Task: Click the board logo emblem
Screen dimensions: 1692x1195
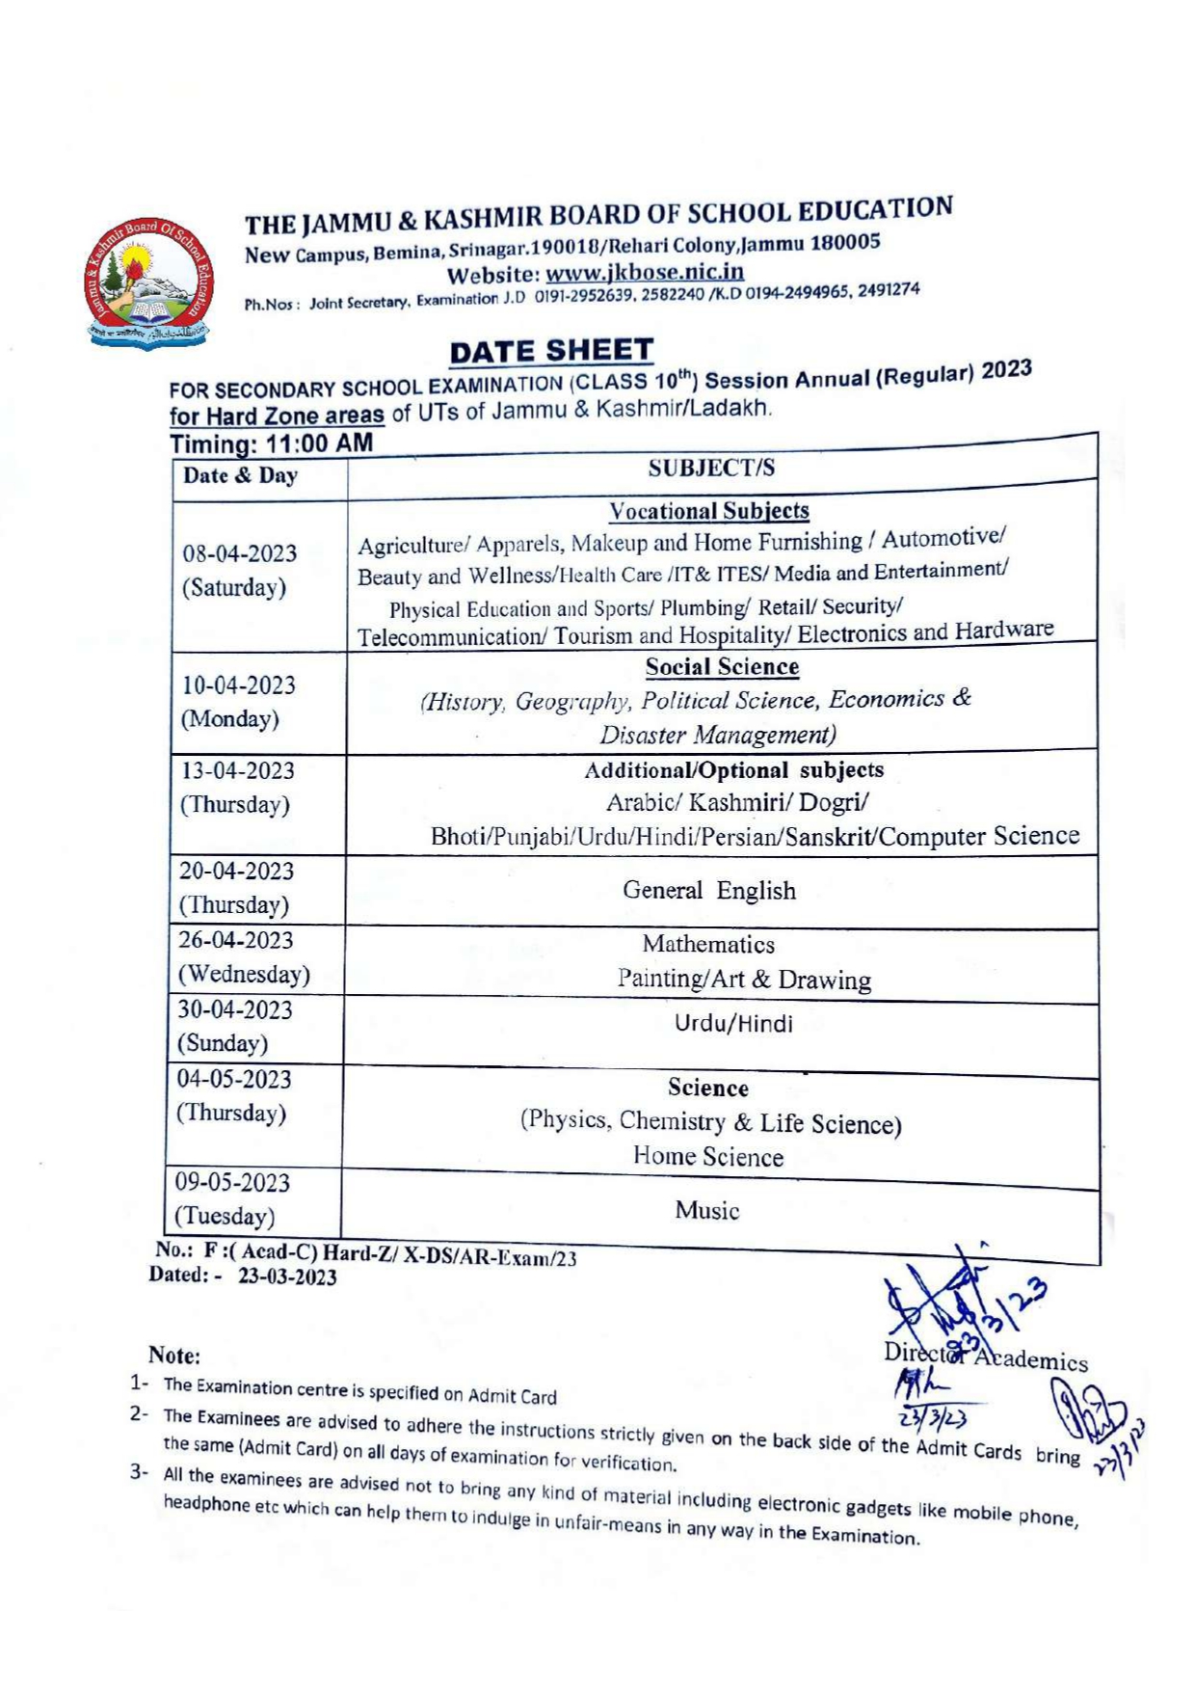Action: point(146,282)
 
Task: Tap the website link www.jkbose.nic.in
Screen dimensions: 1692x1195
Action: point(644,273)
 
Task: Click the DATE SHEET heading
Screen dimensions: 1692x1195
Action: point(551,352)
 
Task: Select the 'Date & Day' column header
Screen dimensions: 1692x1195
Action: point(241,475)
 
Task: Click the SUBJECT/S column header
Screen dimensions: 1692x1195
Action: point(711,469)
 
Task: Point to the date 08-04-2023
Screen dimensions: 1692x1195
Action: point(240,553)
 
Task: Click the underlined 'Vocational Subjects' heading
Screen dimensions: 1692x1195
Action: point(709,511)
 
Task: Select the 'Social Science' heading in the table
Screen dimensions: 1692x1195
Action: point(722,667)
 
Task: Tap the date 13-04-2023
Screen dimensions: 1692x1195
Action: point(238,771)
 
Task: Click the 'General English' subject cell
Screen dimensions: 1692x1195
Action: point(709,891)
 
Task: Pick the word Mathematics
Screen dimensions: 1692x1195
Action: point(708,945)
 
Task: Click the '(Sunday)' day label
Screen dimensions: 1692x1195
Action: point(222,1043)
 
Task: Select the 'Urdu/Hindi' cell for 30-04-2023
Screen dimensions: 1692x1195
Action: point(733,1024)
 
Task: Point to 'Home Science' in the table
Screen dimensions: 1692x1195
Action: point(708,1157)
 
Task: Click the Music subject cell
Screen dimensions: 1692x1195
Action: point(707,1211)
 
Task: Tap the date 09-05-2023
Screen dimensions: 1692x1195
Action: point(232,1182)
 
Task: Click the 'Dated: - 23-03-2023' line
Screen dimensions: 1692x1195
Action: point(243,1276)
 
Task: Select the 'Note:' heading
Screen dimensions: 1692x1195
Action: point(174,1356)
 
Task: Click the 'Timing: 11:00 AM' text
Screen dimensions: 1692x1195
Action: point(271,444)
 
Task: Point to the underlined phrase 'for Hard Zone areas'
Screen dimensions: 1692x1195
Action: point(277,416)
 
